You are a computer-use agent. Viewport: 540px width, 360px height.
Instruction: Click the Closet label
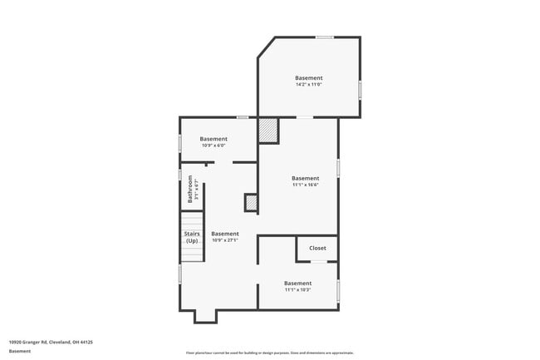click(x=317, y=248)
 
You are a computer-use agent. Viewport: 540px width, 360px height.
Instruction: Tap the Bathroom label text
click(x=190, y=190)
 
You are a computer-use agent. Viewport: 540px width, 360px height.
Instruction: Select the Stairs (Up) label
click(x=192, y=237)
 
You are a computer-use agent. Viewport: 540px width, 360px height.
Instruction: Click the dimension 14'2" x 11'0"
click(x=308, y=85)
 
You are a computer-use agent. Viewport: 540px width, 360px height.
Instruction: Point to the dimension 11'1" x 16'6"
click(x=305, y=185)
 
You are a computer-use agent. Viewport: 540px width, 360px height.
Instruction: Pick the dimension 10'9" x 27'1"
click(x=224, y=240)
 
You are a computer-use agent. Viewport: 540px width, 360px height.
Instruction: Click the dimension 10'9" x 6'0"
click(x=214, y=145)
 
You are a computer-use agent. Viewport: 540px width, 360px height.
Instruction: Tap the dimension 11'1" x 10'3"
click(x=297, y=290)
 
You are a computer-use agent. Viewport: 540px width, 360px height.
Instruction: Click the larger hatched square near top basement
click(x=268, y=131)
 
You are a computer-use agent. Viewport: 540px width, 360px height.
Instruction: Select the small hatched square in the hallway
click(x=251, y=202)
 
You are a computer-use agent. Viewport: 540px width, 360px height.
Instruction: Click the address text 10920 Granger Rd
click(x=51, y=342)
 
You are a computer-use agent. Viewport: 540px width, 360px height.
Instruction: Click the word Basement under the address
click(x=20, y=351)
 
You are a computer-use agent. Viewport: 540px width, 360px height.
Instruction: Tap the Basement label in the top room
click(x=308, y=78)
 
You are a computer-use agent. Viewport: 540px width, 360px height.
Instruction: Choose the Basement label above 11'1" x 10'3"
click(x=297, y=284)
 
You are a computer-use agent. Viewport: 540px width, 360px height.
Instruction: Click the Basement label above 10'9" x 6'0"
click(x=214, y=139)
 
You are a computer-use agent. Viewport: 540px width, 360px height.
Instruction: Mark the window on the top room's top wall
click(x=325, y=37)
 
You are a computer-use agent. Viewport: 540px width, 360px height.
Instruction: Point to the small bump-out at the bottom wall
click(x=205, y=316)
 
